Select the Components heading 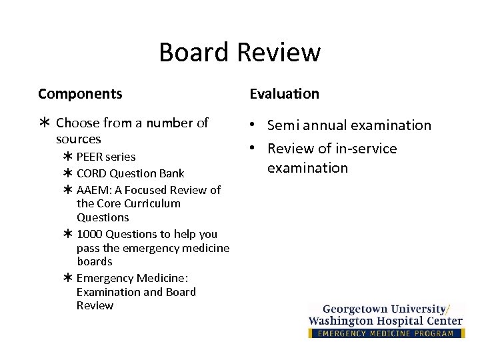pos(80,94)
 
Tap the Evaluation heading pos(285,94)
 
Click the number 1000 pos(90,234)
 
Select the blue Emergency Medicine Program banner pos(386,333)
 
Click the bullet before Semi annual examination pos(255,125)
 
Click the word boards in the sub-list pos(95,261)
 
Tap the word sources pos(79,139)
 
